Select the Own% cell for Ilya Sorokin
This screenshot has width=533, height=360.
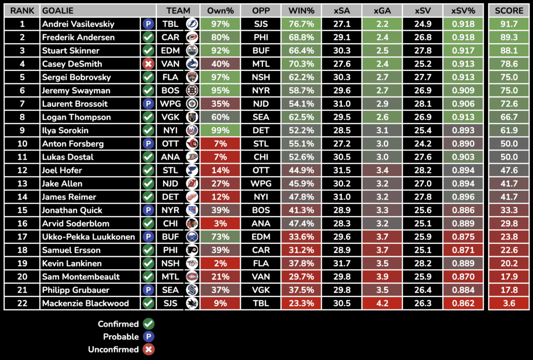(220, 130)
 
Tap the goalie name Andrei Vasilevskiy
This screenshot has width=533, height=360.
(78, 24)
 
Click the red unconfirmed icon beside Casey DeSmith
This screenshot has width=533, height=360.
(148, 64)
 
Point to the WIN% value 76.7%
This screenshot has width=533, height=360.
(301, 24)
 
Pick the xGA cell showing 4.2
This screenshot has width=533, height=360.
(382, 303)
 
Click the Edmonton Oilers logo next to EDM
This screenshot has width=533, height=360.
(192, 51)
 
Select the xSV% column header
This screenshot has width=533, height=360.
(463, 10)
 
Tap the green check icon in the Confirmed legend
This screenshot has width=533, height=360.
(148, 324)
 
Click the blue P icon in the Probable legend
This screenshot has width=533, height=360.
(148, 337)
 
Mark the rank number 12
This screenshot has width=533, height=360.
(22, 170)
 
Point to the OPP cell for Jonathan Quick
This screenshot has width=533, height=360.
(260, 210)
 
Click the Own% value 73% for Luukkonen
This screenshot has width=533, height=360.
(220, 237)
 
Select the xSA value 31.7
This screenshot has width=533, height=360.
(341, 264)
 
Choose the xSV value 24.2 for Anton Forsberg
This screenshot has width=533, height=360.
(423, 144)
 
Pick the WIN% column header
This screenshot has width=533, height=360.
(301, 10)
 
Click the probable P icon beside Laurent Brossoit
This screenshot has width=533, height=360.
(148, 104)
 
